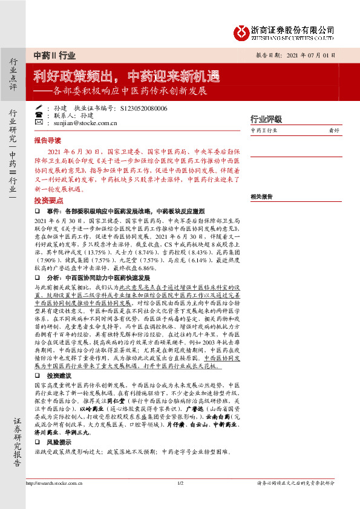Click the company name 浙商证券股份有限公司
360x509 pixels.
(x=292, y=28)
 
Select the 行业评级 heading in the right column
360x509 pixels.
(x=266, y=119)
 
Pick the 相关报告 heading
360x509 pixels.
(x=261, y=196)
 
